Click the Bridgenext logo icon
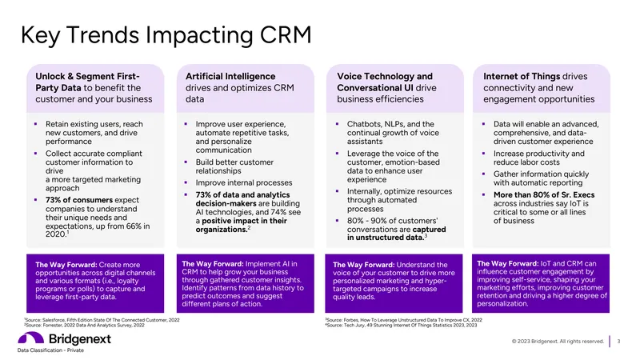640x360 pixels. [30, 338]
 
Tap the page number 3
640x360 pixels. [618, 342]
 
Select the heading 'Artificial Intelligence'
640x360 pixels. [230, 76]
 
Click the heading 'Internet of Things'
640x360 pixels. [522, 76]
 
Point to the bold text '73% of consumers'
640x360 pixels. [78, 200]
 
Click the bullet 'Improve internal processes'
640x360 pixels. [244, 183]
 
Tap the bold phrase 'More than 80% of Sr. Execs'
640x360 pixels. [544, 194]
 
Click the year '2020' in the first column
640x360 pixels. [55, 234]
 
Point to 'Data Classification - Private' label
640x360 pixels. [50, 350]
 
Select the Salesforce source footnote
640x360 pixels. [102, 320]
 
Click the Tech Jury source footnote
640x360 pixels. [402, 326]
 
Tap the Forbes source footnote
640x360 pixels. [404, 320]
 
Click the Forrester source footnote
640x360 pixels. [85, 326]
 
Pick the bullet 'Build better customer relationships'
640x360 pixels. [234, 166]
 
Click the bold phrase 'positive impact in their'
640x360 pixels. [244, 221]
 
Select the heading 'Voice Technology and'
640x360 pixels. [385, 76]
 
